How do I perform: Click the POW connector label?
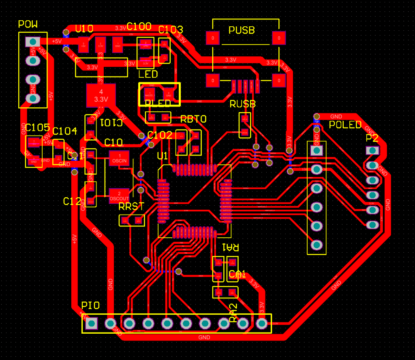click(x=28, y=25)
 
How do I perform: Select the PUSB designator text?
click(x=242, y=30)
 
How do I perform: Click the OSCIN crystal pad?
click(x=119, y=158)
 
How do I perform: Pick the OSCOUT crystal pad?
click(x=119, y=195)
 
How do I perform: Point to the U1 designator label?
click(x=162, y=156)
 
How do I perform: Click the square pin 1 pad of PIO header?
click(x=92, y=323)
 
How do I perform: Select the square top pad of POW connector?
click(x=33, y=42)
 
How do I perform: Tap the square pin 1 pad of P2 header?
click(x=372, y=150)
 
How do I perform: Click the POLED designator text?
click(x=345, y=125)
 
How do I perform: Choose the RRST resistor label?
click(x=131, y=207)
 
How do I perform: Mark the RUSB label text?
click(x=243, y=104)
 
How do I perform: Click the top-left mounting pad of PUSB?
click(x=212, y=38)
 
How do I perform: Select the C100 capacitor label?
click(x=139, y=27)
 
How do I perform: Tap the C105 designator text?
click(x=37, y=128)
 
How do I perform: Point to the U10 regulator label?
click(x=84, y=29)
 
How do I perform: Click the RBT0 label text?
click(x=193, y=119)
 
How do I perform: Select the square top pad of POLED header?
click(x=317, y=150)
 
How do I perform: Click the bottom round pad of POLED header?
click(x=317, y=245)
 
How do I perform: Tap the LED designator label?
click(x=148, y=75)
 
